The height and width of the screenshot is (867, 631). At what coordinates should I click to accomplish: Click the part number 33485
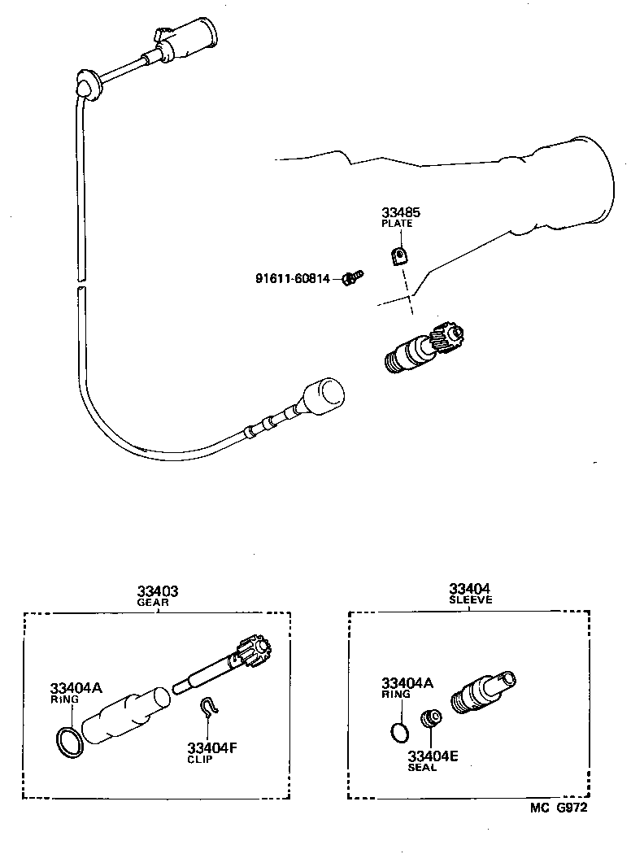pos(402,213)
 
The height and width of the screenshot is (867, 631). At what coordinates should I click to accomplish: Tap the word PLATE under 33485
pos(398,224)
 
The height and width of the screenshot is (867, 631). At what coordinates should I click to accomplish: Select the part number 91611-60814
pos(292,279)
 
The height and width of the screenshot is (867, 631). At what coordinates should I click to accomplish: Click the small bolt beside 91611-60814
pos(352,279)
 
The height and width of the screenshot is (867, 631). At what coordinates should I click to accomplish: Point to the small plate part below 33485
pos(398,256)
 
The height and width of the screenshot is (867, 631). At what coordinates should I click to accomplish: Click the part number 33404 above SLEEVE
pos(470,589)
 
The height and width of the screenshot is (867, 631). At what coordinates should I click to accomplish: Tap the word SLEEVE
pos(471,600)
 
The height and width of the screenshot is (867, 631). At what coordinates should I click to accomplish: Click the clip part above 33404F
pos(211,708)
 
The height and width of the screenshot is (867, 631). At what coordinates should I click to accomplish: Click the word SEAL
pos(422,767)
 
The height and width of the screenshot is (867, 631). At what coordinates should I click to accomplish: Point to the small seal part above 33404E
pos(429,720)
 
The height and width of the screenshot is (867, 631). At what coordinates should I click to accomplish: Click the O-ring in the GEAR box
pos(69,742)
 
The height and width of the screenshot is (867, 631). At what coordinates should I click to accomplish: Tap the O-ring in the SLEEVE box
pos(398,730)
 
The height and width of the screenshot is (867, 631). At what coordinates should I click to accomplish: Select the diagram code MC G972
pos(559,808)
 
